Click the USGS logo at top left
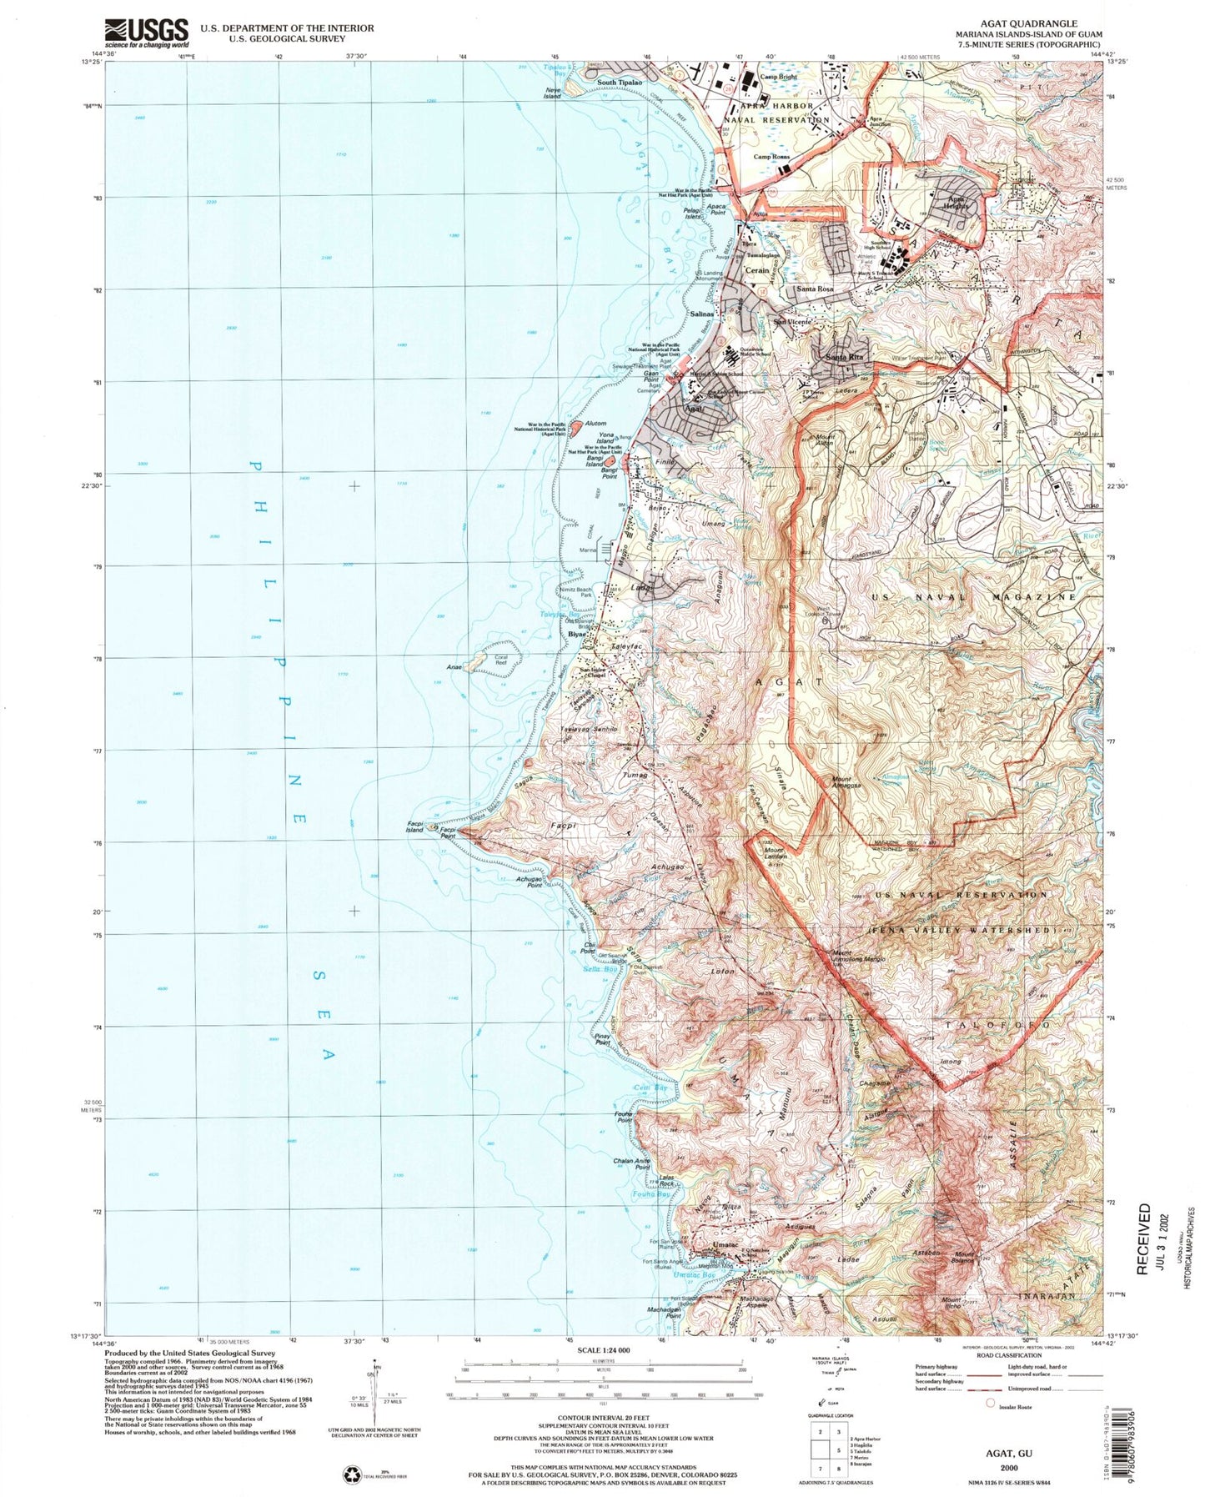(146, 33)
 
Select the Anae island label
(454, 666)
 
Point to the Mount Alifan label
(824, 440)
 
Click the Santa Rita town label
(843, 357)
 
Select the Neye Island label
(552, 93)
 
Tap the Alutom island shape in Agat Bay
(576, 430)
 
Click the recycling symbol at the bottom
(350, 1474)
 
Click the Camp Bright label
(778, 77)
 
